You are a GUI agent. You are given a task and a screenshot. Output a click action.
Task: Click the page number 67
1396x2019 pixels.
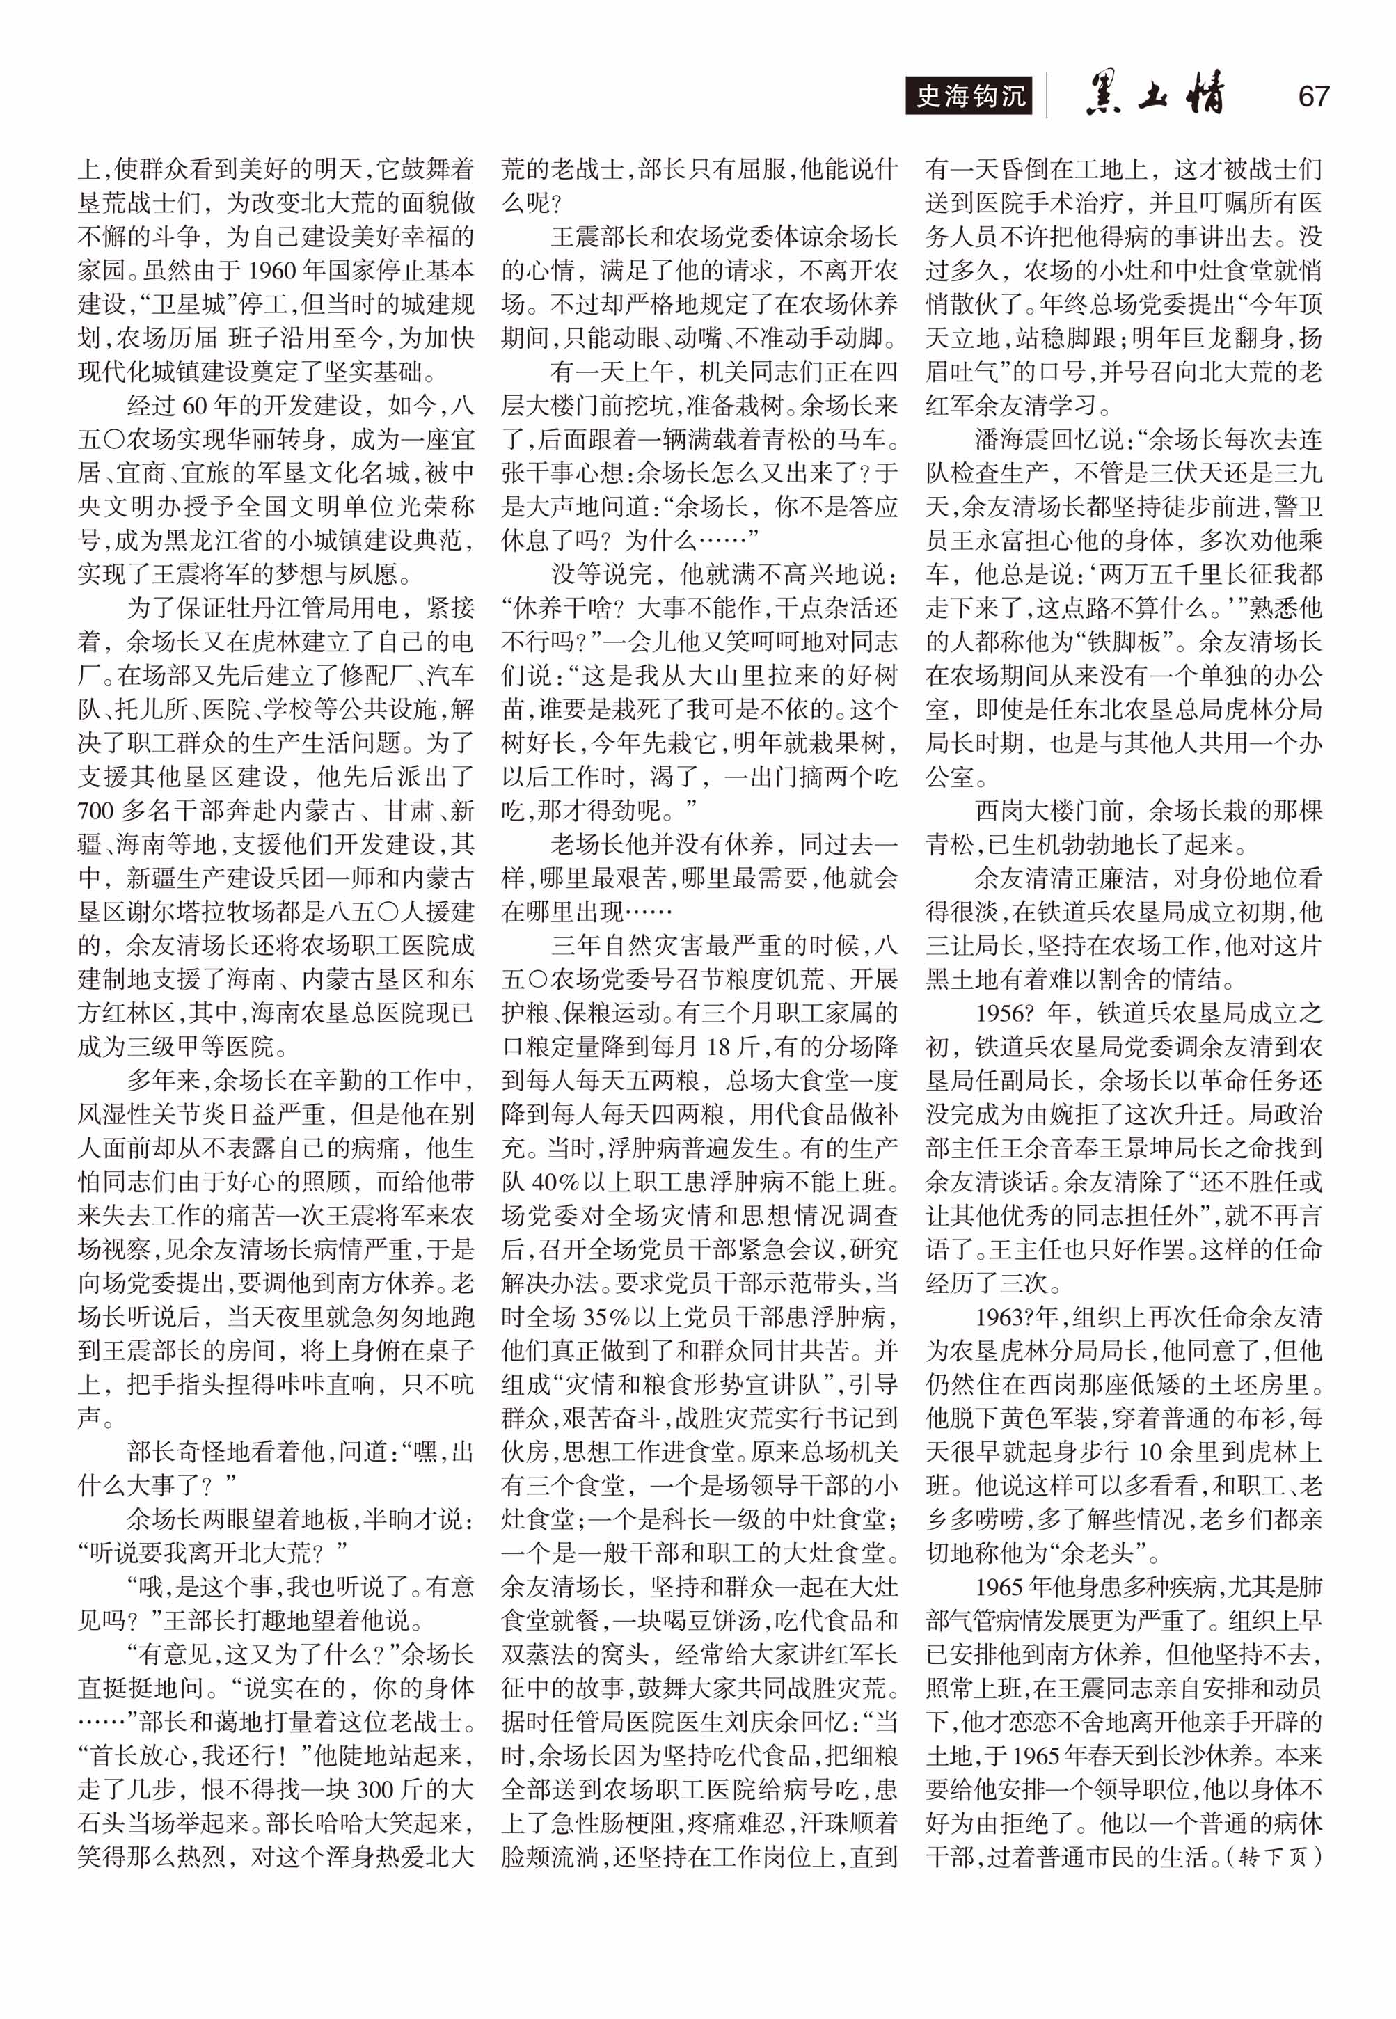coord(1313,96)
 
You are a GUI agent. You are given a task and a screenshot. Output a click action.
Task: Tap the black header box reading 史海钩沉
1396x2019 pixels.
coord(969,96)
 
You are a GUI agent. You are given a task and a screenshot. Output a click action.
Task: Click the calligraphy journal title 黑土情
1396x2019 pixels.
coord(1154,95)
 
